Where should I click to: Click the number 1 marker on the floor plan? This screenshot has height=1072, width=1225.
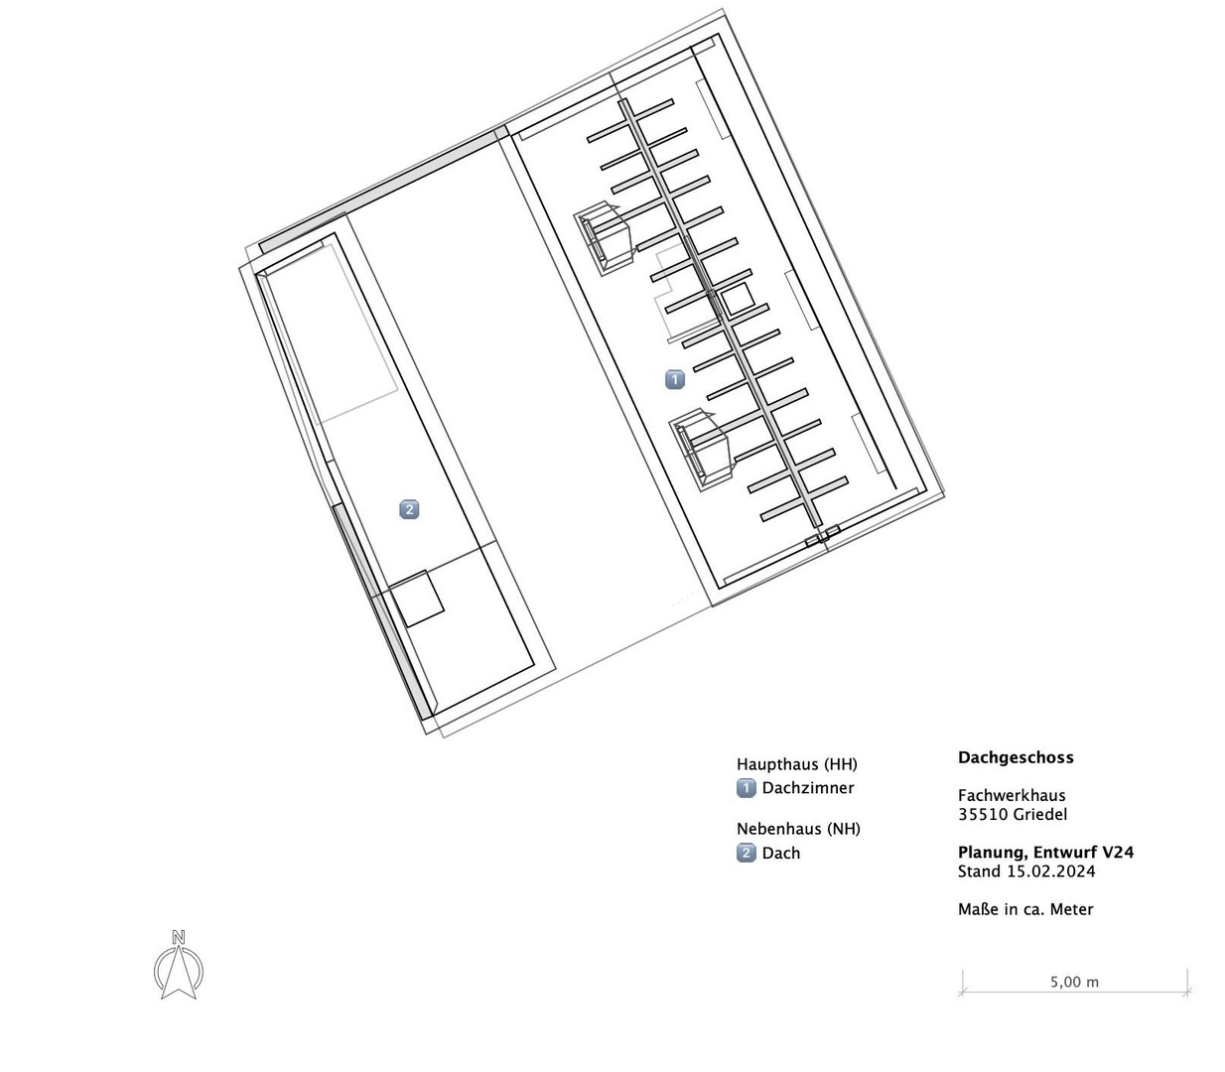click(675, 379)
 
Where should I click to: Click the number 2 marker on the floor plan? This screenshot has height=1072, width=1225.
click(410, 509)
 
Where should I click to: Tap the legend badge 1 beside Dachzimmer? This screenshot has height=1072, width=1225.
click(746, 788)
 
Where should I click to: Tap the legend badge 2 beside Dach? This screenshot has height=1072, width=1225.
click(746, 853)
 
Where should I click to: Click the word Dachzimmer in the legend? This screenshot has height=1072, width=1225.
click(808, 788)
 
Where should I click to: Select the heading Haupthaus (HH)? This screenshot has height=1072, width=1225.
click(797, 764)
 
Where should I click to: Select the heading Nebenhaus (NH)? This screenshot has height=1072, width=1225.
click(798, 829)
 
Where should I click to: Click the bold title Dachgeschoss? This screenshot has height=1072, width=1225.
click(1016, 757)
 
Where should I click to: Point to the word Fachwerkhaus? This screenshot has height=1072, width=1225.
click(1012, 795)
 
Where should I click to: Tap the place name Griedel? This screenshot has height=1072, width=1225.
click(1040, 815)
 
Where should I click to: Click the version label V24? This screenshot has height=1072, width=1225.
click(1118, 853)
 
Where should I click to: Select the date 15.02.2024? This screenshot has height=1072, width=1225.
click(1050, 871)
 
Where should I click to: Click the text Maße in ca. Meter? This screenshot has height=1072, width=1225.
click(1025, 909)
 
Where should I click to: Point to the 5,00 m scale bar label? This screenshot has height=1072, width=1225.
click(1074, 983)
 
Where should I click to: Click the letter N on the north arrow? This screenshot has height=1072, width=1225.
click(179, 937)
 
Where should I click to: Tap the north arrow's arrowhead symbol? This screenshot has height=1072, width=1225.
click(179, 974)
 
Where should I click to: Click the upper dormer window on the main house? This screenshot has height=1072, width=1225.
click(606, 238)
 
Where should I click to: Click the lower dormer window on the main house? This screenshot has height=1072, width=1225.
click(703, 450)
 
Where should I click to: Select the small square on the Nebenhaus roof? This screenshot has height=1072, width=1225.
click(417, 599)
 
